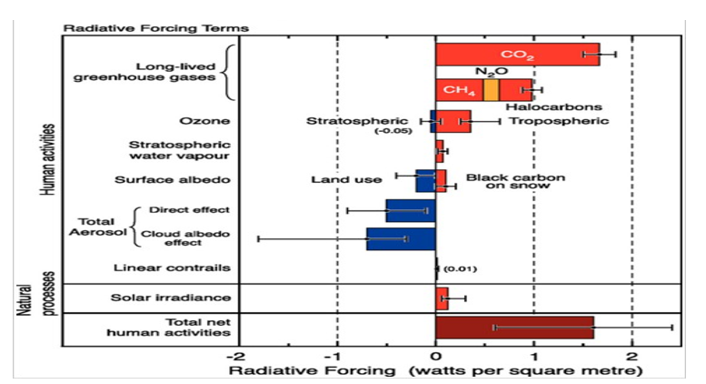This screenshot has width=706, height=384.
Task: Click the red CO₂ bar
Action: [x=516, y=55]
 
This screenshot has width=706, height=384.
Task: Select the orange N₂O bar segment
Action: [x=491, y=90]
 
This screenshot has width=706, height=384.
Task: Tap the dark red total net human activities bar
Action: [x=514, y=327]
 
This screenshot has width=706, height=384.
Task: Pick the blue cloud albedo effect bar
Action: [x=401, y=238]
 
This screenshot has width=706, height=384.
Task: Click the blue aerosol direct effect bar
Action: [x=410, y=210]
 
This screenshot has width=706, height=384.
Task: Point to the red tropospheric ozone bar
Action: [x=453, y=121]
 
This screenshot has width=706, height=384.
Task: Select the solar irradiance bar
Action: [x=442, y=298]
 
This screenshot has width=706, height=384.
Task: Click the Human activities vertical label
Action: [x=49, y=158]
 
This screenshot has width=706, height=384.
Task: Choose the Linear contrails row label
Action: [x=172, y=268]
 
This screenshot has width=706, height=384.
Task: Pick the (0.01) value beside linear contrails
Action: [x=461, y=268]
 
